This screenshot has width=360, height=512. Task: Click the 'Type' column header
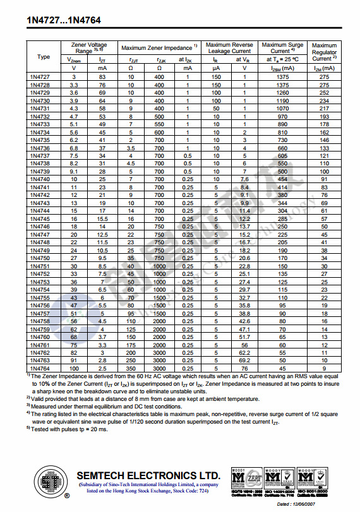[x=44, y=57]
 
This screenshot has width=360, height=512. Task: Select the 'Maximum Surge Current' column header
[x=282, y=49]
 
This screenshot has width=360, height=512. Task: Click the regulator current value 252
[x=325, y=92]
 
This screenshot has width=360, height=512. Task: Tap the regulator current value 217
[x=325, y=108]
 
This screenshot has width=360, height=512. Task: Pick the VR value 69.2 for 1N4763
[x=245, y=360]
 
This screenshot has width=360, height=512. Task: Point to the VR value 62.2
[x=245, y=352]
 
